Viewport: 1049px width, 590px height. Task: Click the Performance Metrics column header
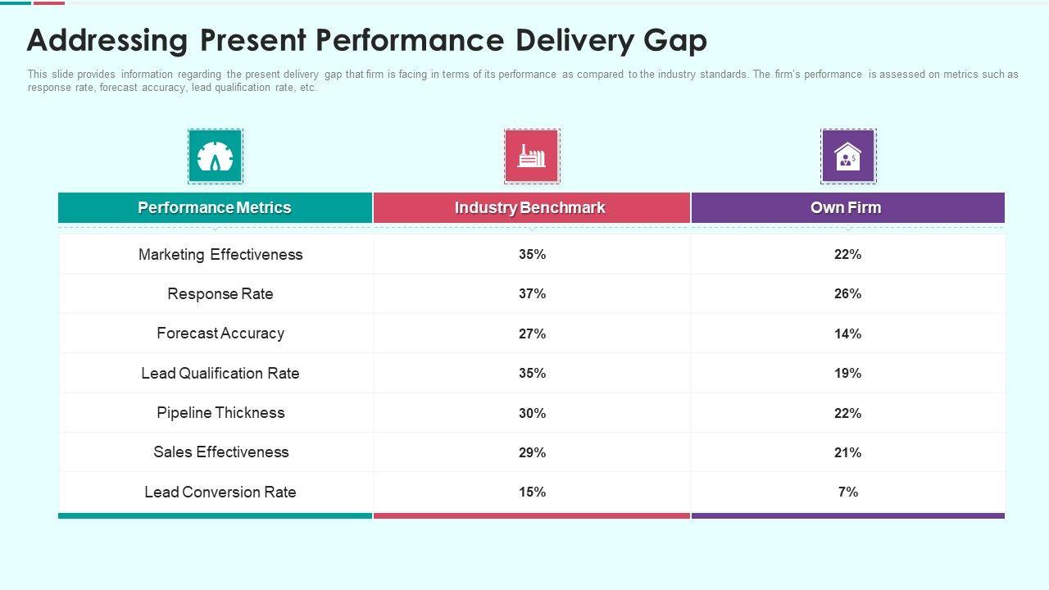215,208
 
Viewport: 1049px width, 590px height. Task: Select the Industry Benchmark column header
530,208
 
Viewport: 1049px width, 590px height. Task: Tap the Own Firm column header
846,208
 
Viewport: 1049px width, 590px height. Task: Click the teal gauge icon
216,156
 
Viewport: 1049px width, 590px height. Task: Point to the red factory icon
531,156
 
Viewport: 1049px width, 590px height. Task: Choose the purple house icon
848,156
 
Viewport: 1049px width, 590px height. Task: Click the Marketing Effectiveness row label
220,255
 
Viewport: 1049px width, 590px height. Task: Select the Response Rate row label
220,294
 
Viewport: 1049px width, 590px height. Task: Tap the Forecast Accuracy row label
220,334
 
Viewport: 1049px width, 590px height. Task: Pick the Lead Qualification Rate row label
220,374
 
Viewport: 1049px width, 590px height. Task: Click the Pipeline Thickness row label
220,413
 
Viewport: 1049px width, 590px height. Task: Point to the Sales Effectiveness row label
220,452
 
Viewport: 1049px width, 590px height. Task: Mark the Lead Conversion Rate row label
220,492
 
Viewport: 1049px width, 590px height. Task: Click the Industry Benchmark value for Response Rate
532,294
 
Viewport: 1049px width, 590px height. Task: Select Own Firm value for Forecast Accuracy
847,334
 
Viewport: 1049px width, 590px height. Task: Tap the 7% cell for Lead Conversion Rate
847,492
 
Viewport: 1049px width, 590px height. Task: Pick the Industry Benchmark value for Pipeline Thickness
532,414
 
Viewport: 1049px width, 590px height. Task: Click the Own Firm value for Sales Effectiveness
847,453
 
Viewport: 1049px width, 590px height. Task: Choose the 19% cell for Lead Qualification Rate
847,374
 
